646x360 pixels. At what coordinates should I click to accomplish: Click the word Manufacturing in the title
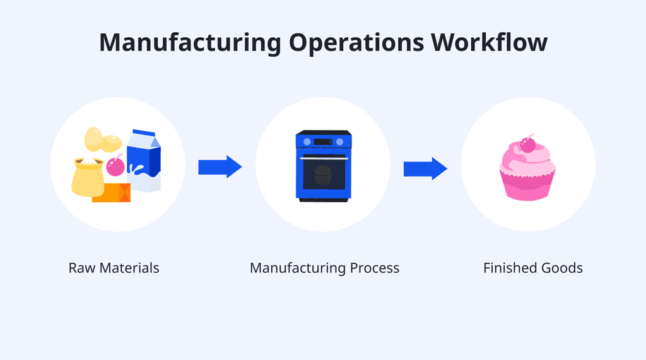pyautogui.click(x=189, y=42)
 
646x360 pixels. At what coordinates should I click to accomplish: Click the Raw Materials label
pyautogui.click(x=114, y=268)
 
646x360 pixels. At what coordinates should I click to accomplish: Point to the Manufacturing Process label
pyautogui.click(x=324, y=268)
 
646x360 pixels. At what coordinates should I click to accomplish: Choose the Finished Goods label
pyautogui.click(x=533, y=268)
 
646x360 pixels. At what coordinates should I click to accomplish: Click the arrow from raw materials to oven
pyautogui.click(x=220, y=167)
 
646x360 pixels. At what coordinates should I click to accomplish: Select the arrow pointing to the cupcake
pyautogui.click(x=425, y=169)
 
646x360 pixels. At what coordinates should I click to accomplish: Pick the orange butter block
pyautogui.click(x=112, y=192)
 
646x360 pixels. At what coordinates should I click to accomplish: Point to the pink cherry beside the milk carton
pyautogui.click(x=115, y=167)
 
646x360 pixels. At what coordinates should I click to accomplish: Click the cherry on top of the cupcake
pyautogui.click(x=527, y=144)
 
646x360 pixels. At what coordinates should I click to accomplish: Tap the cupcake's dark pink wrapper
pyautogui.click(x=527, y=187)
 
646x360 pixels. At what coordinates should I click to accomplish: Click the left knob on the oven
pyautogui.click(x=307, y=141)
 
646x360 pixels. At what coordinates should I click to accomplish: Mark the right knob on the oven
pyautogui.click(x=341, y=141)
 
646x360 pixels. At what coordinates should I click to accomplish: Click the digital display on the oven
pyautogui.click(x=323, y=141)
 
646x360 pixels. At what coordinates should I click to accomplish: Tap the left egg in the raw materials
pyautogui.click(x=93, y=138)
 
